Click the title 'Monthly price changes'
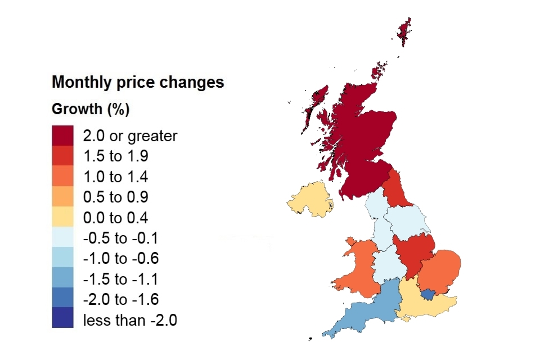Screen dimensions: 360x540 coord(138,82)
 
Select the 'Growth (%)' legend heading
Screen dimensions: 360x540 coord(91,109)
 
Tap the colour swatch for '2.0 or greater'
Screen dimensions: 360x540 coord(62,136)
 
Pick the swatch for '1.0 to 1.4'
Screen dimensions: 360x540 coord(62,177)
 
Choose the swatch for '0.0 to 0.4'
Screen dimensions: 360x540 coord(62,218)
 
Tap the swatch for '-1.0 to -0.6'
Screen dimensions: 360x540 coord(62,258)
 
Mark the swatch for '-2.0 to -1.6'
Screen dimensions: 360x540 coord(62,299)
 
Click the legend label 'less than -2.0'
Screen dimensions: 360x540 coord(130,321)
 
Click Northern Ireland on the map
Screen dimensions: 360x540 coord(310,199)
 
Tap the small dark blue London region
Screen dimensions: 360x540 coord(429,294)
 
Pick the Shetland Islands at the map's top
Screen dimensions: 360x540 coord(404,28)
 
